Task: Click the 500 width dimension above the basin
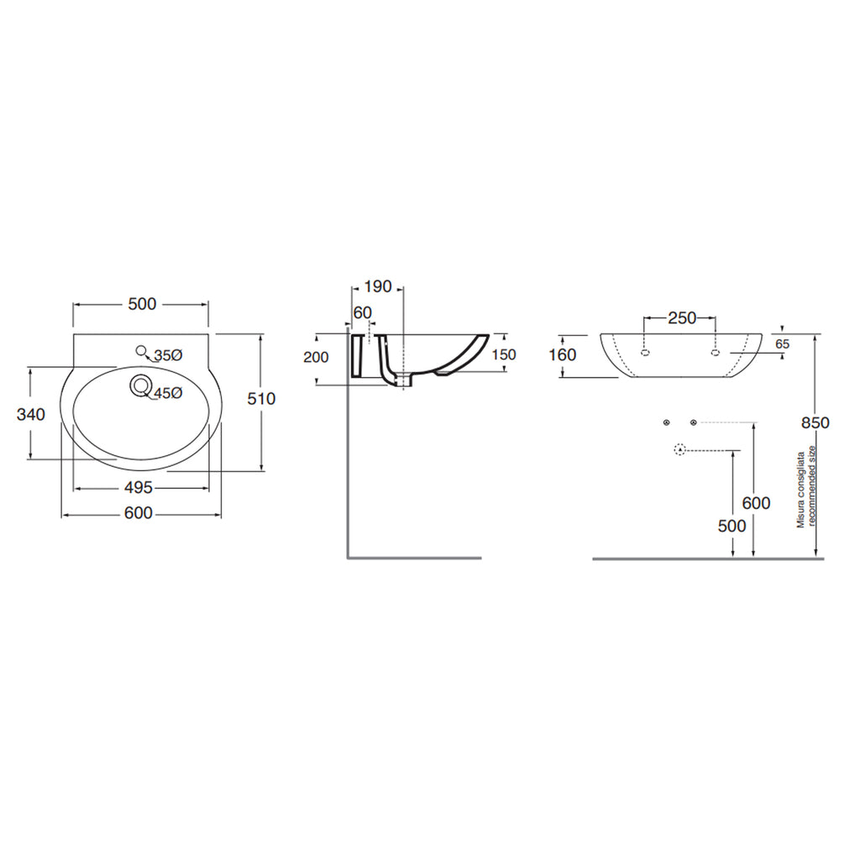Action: coord(142,304)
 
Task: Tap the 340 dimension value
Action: coord(30,415)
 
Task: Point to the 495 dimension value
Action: coord(139,487)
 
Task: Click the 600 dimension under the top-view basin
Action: coord(139,513)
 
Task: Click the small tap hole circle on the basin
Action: coord(140,350)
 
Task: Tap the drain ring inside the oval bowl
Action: coord(140,386)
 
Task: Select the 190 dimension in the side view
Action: coord(378,288)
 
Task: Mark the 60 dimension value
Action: coord(363,313)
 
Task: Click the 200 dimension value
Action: coord(316,357)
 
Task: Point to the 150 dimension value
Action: coord(503,355)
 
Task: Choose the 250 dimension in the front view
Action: coord(681,318)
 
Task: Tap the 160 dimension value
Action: coord(562,355)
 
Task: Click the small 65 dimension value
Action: coord(783,344)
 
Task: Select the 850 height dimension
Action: coord(815,423)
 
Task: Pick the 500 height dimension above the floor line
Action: coord(732,525)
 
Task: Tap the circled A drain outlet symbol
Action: coord(679,450)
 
